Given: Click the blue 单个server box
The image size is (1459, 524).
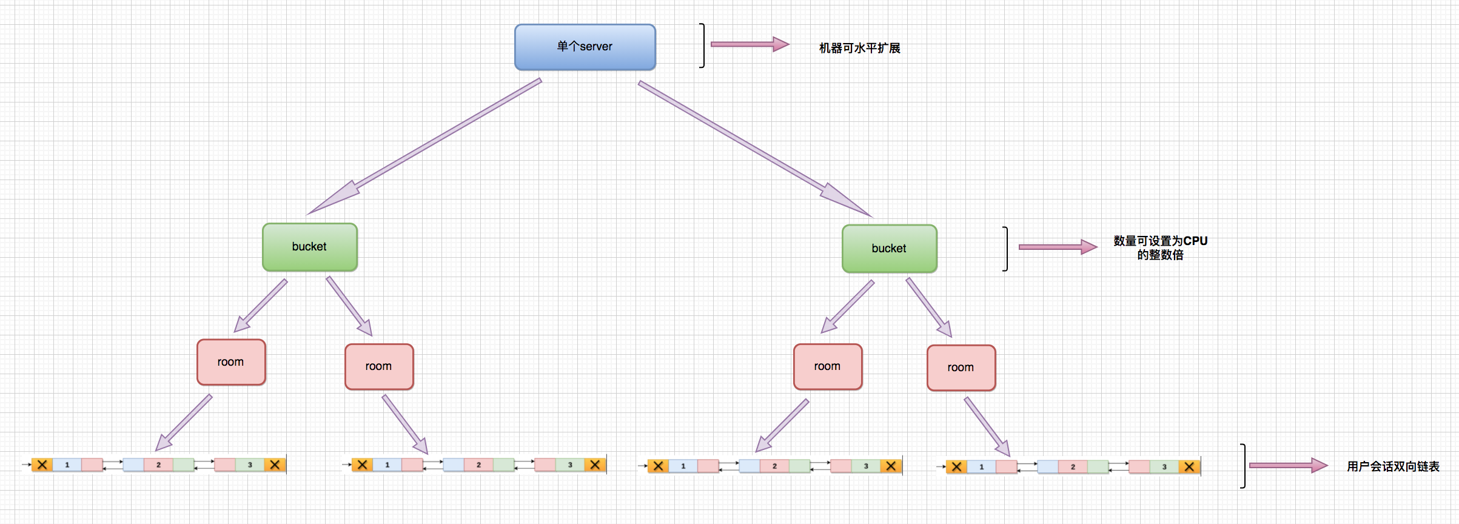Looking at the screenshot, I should (585, 47).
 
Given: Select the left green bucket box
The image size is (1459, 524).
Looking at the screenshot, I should (309, 247).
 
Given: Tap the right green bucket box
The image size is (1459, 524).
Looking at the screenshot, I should (889, 249).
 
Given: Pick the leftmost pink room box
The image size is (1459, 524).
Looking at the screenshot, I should (231, 362).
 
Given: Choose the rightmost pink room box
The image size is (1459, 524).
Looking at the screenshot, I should (961, 368).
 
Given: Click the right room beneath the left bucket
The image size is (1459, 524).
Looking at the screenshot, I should (379, 366).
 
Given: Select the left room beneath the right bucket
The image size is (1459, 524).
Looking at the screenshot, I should (828, 366).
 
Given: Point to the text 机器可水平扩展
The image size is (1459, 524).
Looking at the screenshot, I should (859, 48).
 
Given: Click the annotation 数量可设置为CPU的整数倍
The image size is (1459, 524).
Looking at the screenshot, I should (1160, 247).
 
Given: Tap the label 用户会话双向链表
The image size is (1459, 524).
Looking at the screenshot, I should (1393, 466).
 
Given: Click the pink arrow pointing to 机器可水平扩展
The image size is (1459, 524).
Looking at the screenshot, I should (750, 44).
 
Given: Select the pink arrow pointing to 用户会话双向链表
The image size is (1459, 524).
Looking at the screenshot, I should (1288, 465).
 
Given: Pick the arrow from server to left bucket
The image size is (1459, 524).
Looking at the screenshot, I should (424, 146).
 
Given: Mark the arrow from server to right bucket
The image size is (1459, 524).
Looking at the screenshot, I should (755, 149).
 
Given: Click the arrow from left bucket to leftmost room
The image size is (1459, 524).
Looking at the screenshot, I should (261, 306).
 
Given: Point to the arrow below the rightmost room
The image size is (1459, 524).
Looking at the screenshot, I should (987, 427).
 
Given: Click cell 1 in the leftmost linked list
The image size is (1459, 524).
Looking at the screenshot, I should (67, 465).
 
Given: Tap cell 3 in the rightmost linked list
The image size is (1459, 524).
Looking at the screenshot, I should (1164, 467).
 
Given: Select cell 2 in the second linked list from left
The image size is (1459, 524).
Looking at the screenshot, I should (478, 465).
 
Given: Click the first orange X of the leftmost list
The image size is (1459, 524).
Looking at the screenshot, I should (42, 465).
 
